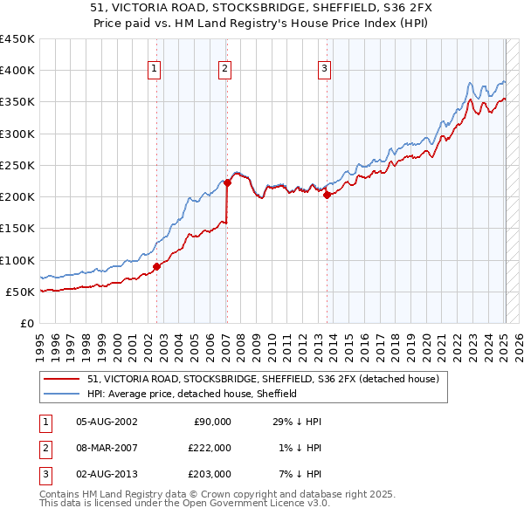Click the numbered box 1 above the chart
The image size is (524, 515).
155,70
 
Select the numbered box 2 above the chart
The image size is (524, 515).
224,70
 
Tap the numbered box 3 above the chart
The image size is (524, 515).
324,70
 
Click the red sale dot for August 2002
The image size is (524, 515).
156,266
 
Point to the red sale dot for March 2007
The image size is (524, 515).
227,183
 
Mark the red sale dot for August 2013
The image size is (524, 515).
327,196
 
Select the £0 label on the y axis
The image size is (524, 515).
26,324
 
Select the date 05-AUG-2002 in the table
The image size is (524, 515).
107,422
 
